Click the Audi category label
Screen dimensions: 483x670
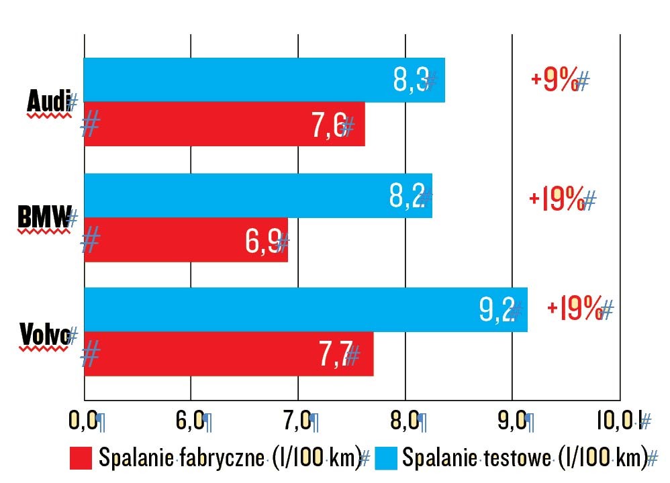pos(48,102)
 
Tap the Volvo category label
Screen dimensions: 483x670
pos(44,334)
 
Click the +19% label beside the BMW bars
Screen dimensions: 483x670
pos(557,200)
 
